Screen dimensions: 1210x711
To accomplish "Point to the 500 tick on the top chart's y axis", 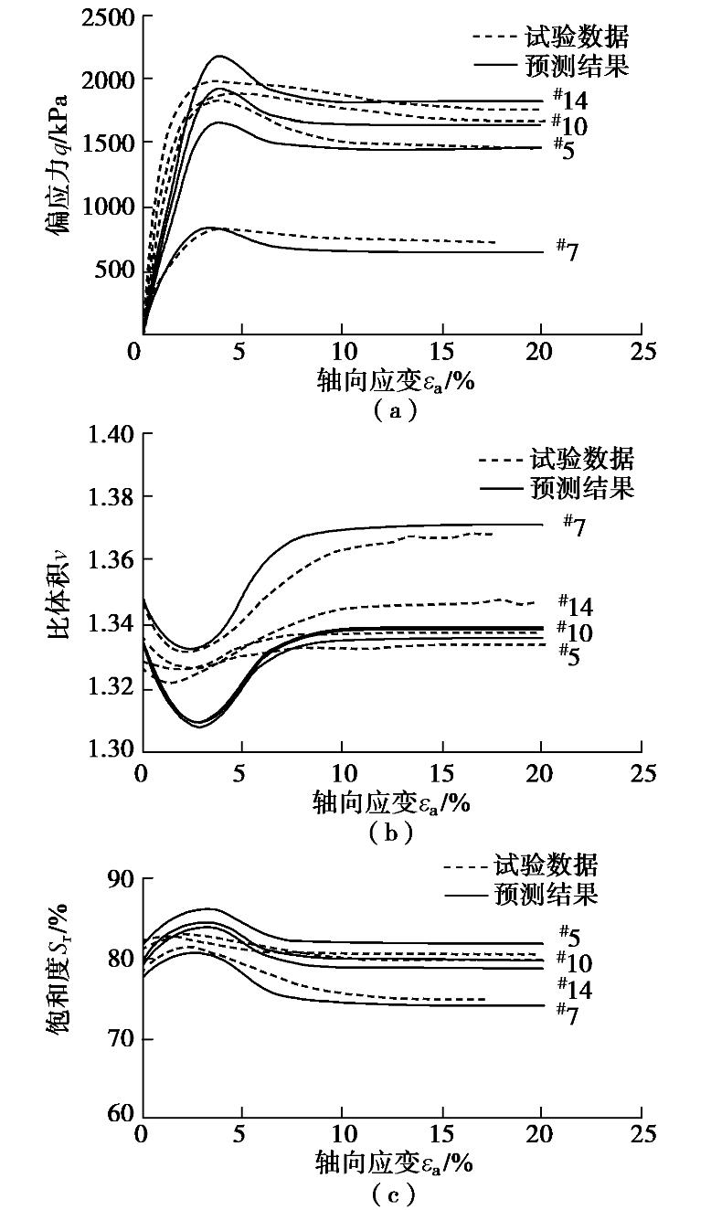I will coord(113,271).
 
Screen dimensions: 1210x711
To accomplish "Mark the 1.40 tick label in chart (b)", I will coord(109,435).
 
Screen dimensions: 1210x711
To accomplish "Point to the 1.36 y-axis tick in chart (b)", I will coord(109,559).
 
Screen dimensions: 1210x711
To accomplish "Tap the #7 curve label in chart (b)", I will coord(573,524).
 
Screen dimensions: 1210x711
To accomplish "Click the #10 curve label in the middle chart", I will coord(575,632).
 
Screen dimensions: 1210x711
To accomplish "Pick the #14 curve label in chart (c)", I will coord(575,988).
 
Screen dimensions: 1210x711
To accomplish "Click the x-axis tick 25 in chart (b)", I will coord(642,773).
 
